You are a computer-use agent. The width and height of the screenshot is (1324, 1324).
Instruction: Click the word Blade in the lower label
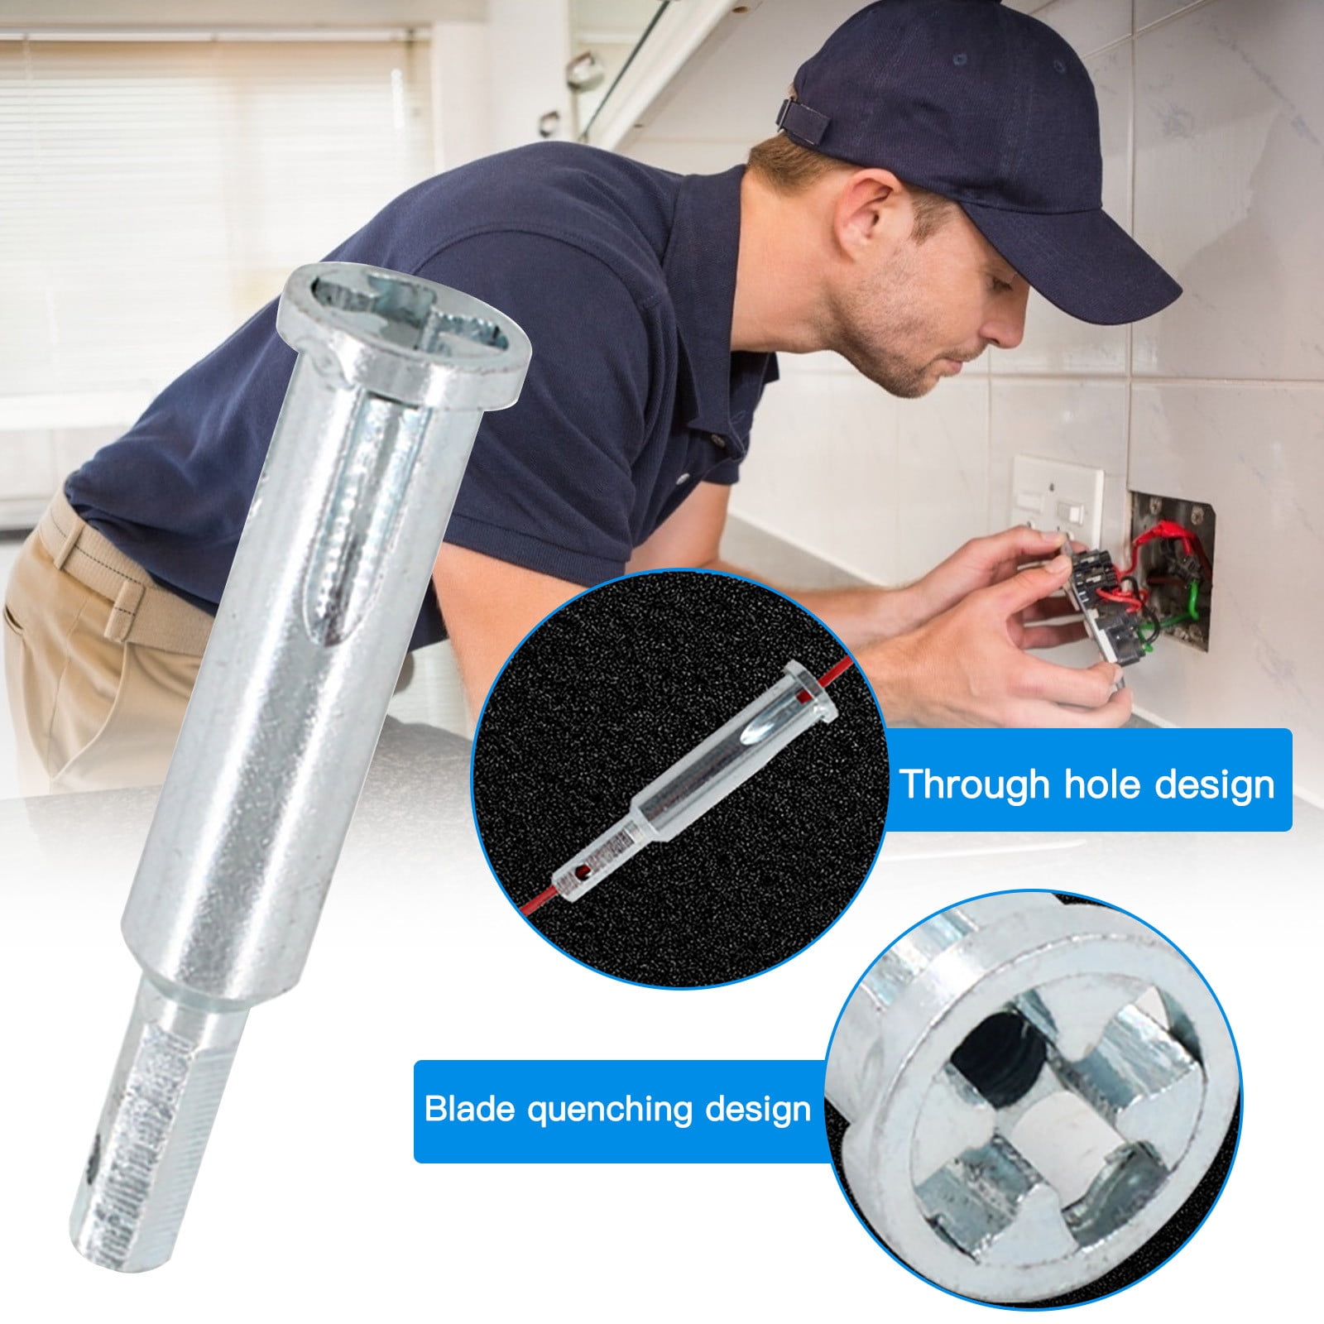pos(469,1109)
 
